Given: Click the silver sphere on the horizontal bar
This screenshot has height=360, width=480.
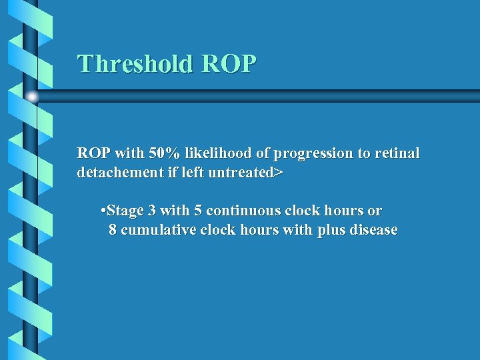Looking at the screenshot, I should (x=32, y=97).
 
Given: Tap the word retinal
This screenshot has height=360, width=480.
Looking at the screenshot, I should (x=397, y=153).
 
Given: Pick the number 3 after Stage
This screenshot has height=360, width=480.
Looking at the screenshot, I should (x=152, y=211).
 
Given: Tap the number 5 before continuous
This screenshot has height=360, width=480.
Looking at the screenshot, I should (x=198, y=211).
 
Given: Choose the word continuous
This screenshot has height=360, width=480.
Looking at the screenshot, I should (x=243, y=211).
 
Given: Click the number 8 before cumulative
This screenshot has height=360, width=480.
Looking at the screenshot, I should (x=113, y=231).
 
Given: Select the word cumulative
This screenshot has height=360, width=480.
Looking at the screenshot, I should (x=159, y=231).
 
